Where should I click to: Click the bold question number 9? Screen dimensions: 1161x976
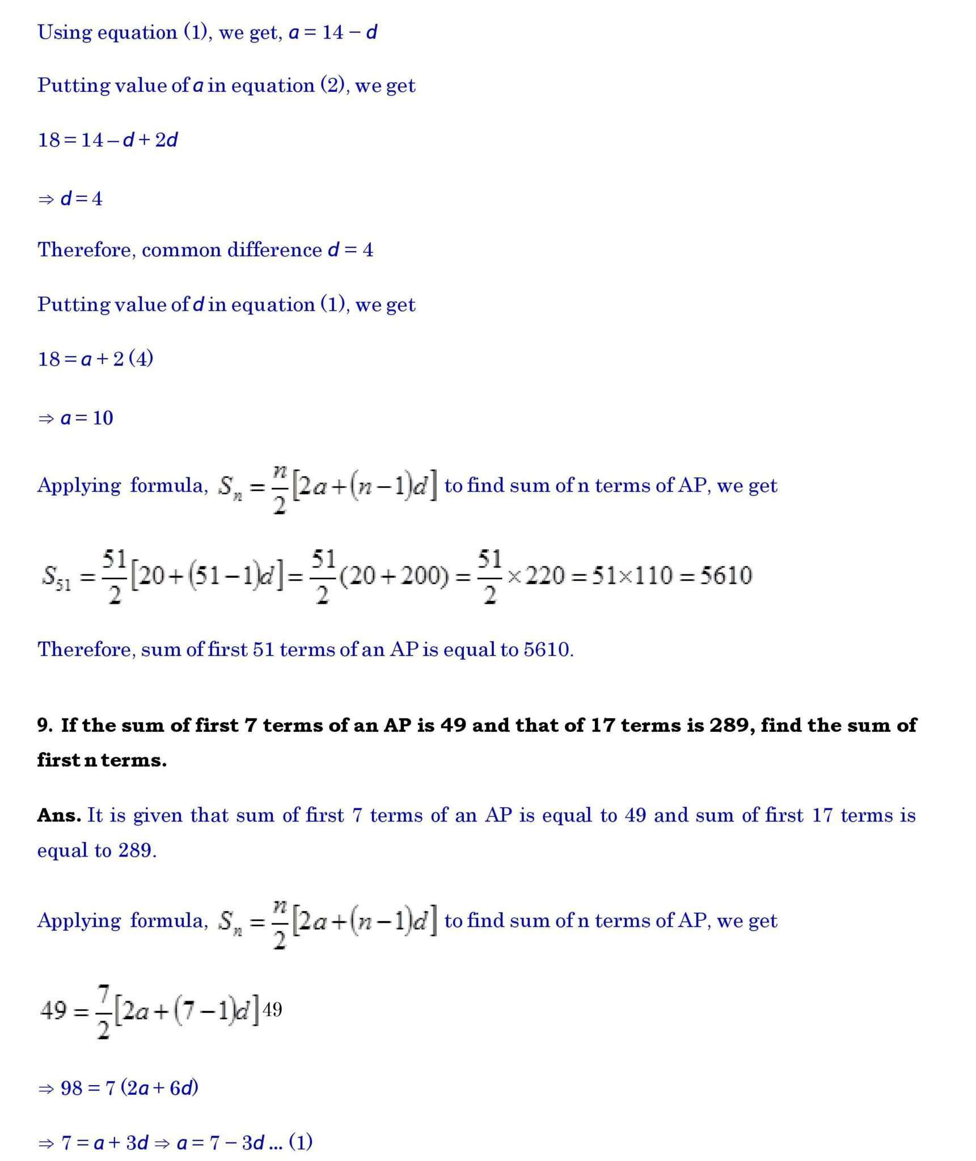[x=44, y=725]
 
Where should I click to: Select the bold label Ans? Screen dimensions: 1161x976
[x=59, y=815]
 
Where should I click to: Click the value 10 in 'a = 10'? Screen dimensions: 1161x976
[x=103, y=418]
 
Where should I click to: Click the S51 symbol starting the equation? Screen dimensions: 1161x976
[x=56, y=577]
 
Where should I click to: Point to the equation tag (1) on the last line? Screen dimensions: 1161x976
[x=301, y=1141]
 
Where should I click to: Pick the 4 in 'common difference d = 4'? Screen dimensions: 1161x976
[x=367, y=250]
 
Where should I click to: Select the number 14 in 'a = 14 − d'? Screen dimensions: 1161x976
[x=333, y=32]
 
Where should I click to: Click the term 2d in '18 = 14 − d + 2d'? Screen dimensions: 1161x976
[x=166, y=139]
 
